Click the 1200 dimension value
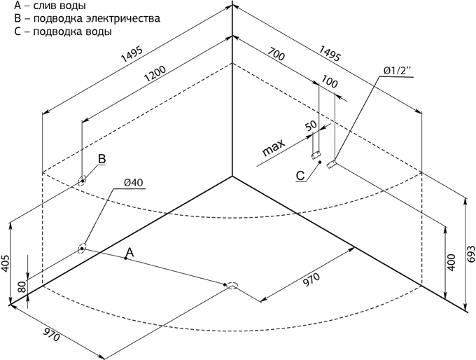[155, 74]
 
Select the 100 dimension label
[329, 81]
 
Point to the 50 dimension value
[311, 126]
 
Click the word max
[274, 147]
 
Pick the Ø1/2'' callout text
[397, 71]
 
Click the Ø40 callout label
[133, 183]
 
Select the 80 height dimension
[22, 287]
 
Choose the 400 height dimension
[451, 262]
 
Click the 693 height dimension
[471, 253]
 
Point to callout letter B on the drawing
[102, 158]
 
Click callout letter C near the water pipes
[300, 176]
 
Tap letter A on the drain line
[130, 251]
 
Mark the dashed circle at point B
[82, 181]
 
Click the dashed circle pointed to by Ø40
[82, 249]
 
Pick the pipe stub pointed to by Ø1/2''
[331, 165]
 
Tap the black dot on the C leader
[320, 162]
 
